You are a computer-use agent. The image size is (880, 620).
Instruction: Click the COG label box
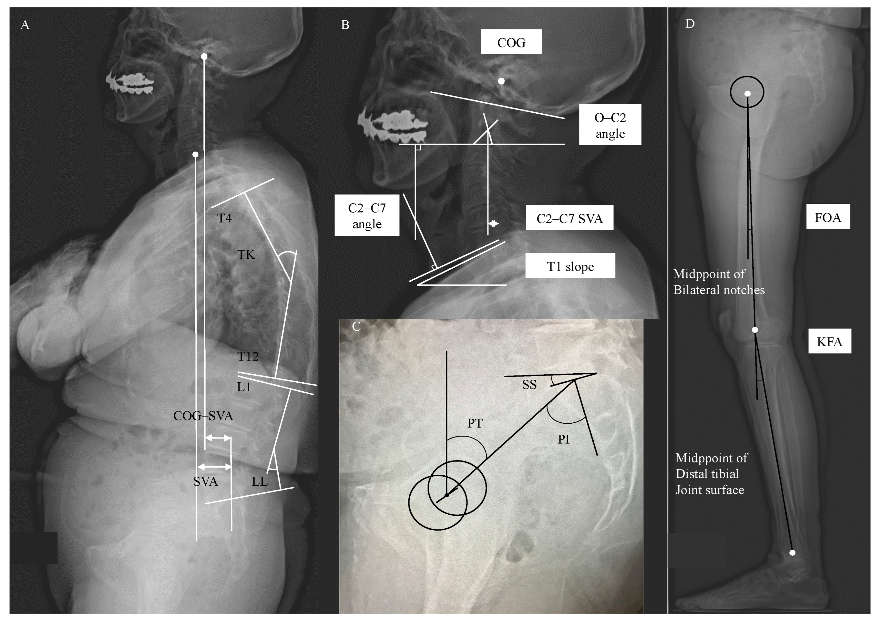click(x=511, y=42)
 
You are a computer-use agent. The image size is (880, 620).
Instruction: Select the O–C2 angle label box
click(x=610, y=125)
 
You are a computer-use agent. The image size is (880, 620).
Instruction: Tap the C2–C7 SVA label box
click(x=569, y=218)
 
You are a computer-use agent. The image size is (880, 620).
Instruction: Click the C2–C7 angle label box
click(x=367, y=215)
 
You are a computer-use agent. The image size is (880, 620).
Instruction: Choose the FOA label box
click(x=828, y=217)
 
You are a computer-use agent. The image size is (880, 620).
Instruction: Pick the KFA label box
click(x=829, y=341)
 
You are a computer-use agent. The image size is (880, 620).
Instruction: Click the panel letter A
click(x=25, y=25)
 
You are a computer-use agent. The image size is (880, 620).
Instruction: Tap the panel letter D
click(x=690, y=24)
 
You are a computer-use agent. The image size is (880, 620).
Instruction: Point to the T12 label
click(x=248, y=356)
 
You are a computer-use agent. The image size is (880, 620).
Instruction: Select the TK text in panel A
click(x=246, y=254)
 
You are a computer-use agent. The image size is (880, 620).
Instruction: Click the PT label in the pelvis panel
click(x=475, y=423)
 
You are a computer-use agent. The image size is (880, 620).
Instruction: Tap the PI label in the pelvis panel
click(x=563, y=439)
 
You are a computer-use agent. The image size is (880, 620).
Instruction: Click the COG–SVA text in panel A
click(x=203, y=416)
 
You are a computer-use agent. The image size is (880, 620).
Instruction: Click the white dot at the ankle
click(x=792, y=553)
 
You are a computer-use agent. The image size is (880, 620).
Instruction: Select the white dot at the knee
click(x=755, y=330)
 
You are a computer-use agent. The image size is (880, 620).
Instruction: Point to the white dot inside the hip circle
click(x=747, y=94)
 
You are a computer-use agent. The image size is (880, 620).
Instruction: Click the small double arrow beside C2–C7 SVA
click(x=494, y=223)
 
